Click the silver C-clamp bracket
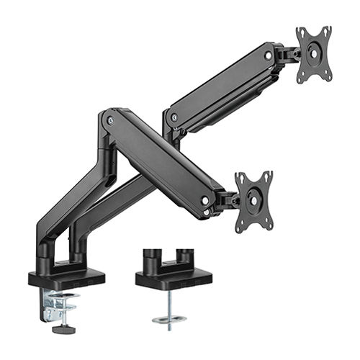tap(53, 303)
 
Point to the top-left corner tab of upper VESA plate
tap(300, 32)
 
